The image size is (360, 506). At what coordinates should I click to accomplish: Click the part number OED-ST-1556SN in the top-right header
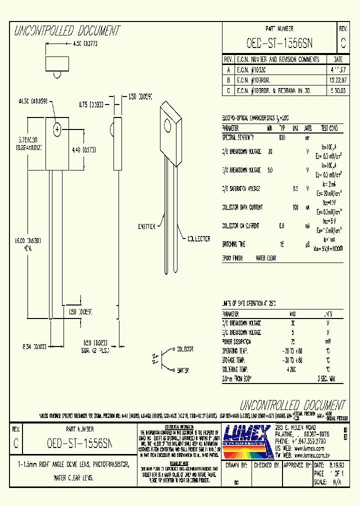coord(279,43)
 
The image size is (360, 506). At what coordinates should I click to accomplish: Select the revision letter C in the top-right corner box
coord(342,43)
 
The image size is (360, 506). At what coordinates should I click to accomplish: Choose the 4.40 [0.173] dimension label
coord(84,149)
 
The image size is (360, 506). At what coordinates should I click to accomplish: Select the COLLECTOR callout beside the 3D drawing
coord(198,239)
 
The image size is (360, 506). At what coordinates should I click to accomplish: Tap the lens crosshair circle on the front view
coord(57,129)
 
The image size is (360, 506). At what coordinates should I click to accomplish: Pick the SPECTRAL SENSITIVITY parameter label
coord(238,136)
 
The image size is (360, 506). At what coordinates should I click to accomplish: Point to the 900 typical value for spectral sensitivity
coord(281,136)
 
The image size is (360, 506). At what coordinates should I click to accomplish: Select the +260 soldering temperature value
coord(291,369)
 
